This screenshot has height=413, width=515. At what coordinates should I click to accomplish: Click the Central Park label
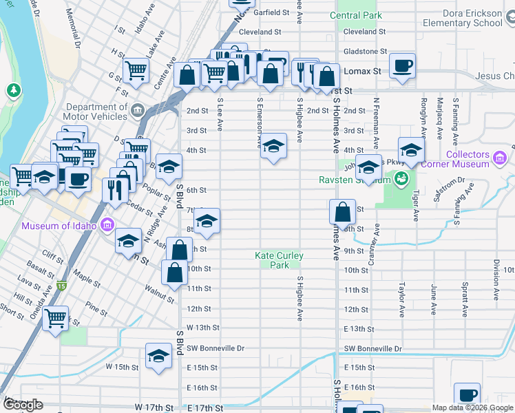(x=355, y=15)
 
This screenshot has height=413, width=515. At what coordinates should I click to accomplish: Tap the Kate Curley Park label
(x=279, y=260)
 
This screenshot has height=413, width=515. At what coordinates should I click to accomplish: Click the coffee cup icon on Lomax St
(x=402, y=67)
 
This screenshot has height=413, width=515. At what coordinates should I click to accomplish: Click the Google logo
(x=23, y=405)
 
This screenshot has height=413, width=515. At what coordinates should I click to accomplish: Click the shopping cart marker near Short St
(x=56, y=319)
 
